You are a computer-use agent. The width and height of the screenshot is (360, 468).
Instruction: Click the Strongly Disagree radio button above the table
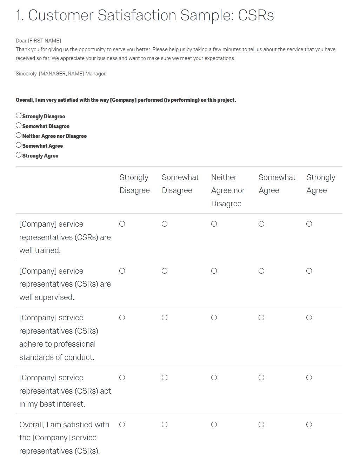(x=19, y=115)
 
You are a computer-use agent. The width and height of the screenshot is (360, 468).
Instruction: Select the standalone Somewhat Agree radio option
(x=19, y=145)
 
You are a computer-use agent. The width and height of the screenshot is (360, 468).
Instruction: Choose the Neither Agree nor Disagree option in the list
(x=19, y=135)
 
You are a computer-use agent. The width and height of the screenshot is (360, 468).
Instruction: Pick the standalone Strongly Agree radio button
(x=19, y=155)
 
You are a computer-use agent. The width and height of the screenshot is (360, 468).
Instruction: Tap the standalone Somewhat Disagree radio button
(x=19, y=125)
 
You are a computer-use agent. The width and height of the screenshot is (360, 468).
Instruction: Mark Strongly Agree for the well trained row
(x=309, y=224)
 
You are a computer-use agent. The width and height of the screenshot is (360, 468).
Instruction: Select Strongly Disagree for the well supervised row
(x=122, y=271)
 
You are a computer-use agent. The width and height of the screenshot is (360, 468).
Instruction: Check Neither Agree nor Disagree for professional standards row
(x=214, y=317)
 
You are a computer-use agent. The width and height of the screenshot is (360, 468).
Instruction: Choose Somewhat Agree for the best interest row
(x=261, y=377)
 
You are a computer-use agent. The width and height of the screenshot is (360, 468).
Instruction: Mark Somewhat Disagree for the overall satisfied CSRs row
(x=165, y=424)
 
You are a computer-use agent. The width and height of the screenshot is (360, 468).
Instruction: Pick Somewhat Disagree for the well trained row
(x=165, y=224)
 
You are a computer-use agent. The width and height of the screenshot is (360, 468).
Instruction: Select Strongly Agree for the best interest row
(x=309, y=377)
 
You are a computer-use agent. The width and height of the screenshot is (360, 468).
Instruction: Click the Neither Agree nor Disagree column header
(x=228, y=190)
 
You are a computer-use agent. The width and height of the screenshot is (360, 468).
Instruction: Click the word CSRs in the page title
(x=256, y=15)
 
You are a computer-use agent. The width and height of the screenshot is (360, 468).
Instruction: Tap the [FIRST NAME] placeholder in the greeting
(x=44, y=41)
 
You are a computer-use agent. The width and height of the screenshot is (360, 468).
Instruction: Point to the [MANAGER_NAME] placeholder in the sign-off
(x=61, y=74)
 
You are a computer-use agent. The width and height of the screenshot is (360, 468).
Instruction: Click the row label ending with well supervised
(x=65, y=284)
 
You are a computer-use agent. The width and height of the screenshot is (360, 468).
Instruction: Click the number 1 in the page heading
(x=19, y=15)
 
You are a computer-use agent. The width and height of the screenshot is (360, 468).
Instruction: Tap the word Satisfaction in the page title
(x=137, y=15)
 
